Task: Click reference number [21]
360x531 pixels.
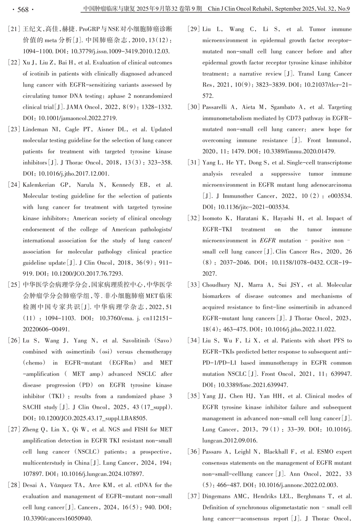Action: point(14,29)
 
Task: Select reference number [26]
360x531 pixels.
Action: point(14,340)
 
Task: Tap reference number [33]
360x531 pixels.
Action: point(193,285)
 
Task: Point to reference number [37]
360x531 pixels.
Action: point(193,496)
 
